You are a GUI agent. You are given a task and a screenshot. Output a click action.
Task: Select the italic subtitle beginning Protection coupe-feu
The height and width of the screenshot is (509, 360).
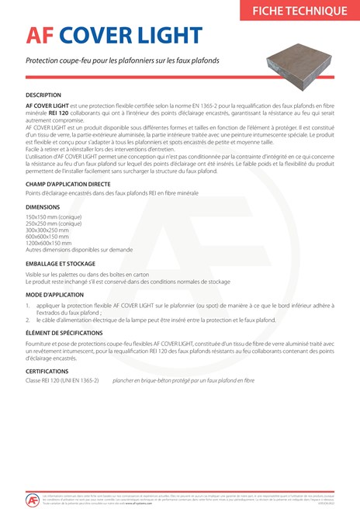tap(123, 60)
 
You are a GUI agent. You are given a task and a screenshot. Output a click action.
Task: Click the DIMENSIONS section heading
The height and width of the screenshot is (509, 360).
tap(43, 207)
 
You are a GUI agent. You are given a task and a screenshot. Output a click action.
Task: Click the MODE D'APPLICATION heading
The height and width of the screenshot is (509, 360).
tap(57, 296)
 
